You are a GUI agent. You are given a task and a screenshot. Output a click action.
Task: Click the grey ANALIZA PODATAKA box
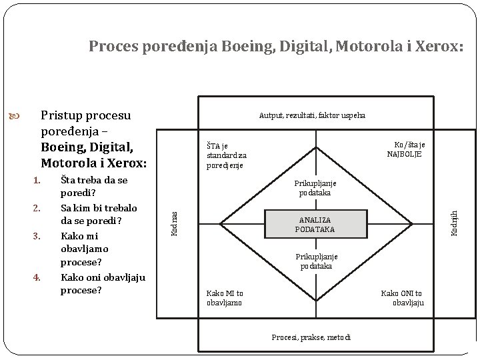315,225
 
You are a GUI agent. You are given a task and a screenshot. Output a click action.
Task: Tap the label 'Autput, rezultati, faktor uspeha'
312,115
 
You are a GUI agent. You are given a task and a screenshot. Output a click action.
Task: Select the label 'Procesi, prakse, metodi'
311,337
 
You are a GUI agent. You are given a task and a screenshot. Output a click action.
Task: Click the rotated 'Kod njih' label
454,223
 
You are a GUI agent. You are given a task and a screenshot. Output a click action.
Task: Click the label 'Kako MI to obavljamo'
225,298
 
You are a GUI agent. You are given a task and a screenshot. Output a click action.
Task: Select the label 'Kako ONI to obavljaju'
401,298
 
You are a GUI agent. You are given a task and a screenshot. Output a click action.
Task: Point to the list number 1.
37,181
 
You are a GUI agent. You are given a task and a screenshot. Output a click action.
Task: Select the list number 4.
37,277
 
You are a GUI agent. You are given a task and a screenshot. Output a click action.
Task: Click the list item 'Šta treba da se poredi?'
93,187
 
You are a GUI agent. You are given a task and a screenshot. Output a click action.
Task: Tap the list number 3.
37,235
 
